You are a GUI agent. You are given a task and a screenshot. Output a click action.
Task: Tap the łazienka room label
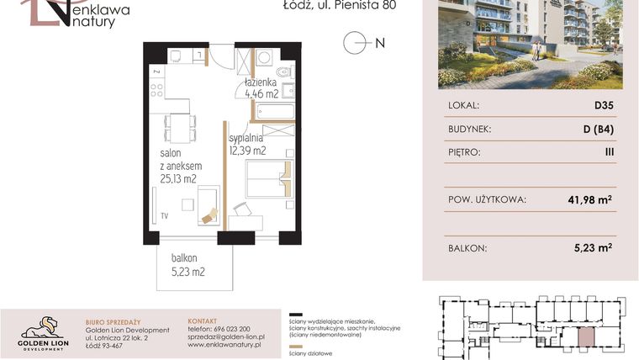coord(261,84)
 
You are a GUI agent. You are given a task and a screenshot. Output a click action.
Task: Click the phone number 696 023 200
coord(218,328)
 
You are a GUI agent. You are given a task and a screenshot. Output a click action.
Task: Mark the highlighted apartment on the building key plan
coord(584,336)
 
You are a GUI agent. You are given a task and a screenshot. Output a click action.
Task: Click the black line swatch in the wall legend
coord(293,311)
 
